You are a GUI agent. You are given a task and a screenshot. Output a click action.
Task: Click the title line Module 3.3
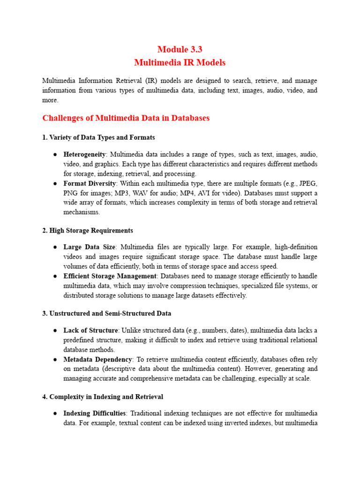click(x=180, y=49)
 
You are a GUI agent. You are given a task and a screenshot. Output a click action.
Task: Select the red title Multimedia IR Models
click(x=180, y=62)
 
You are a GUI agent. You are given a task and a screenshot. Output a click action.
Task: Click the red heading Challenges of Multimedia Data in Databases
click(x=126, y=118)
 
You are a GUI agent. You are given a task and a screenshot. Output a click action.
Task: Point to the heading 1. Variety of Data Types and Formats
click(x=98, y=137)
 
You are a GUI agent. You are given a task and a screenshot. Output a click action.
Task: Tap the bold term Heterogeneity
click(x=85, y=154)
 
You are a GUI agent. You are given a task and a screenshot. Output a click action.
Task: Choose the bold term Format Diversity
click(x=88, y=183)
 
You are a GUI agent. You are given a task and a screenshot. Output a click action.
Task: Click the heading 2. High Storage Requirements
click(x=88, y=230)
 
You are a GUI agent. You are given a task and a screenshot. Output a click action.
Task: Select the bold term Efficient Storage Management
click(x=110, y=276)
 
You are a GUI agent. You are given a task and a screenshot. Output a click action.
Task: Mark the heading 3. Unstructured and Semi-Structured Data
click(x=106, y=313)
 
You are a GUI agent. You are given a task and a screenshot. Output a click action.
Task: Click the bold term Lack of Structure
click(x=90, y=330)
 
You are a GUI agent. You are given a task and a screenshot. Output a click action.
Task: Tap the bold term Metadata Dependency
click(x=98, y=360)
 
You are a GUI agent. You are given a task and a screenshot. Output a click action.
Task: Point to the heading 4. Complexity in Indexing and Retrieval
click(x=103, y=397)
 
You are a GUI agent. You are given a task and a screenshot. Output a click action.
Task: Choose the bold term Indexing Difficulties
click(x=95, y=413)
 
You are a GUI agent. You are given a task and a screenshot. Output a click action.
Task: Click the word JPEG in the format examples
click(x=308, y=183)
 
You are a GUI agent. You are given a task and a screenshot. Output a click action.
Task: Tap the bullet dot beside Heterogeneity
click(x=55, y=154)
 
